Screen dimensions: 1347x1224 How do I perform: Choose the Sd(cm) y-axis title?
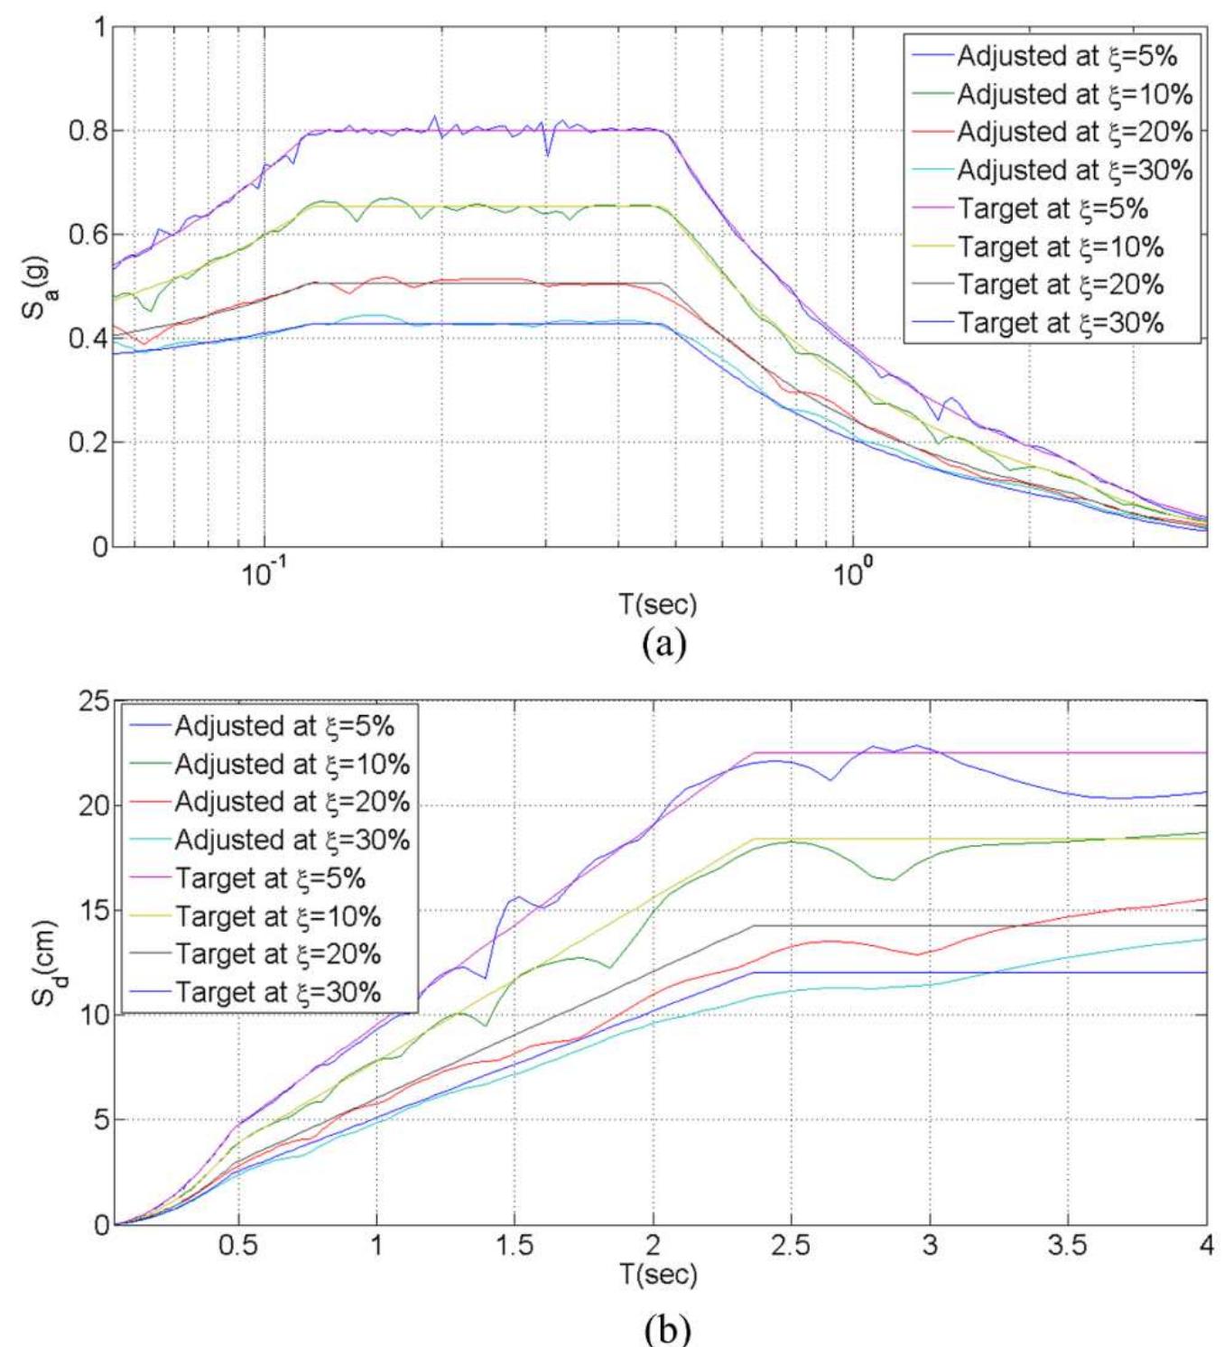point(33,962)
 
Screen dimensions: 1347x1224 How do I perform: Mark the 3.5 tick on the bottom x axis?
point(1068,1246)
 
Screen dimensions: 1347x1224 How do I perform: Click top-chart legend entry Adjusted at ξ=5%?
point(1067,56)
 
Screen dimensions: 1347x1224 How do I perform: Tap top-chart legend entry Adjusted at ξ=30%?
point(1074,170)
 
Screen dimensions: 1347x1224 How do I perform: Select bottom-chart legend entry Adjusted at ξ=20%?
point(292,802)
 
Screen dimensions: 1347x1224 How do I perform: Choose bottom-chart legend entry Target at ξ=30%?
point(277,992)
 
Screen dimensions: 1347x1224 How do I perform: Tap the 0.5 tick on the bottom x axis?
point(239,1246)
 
